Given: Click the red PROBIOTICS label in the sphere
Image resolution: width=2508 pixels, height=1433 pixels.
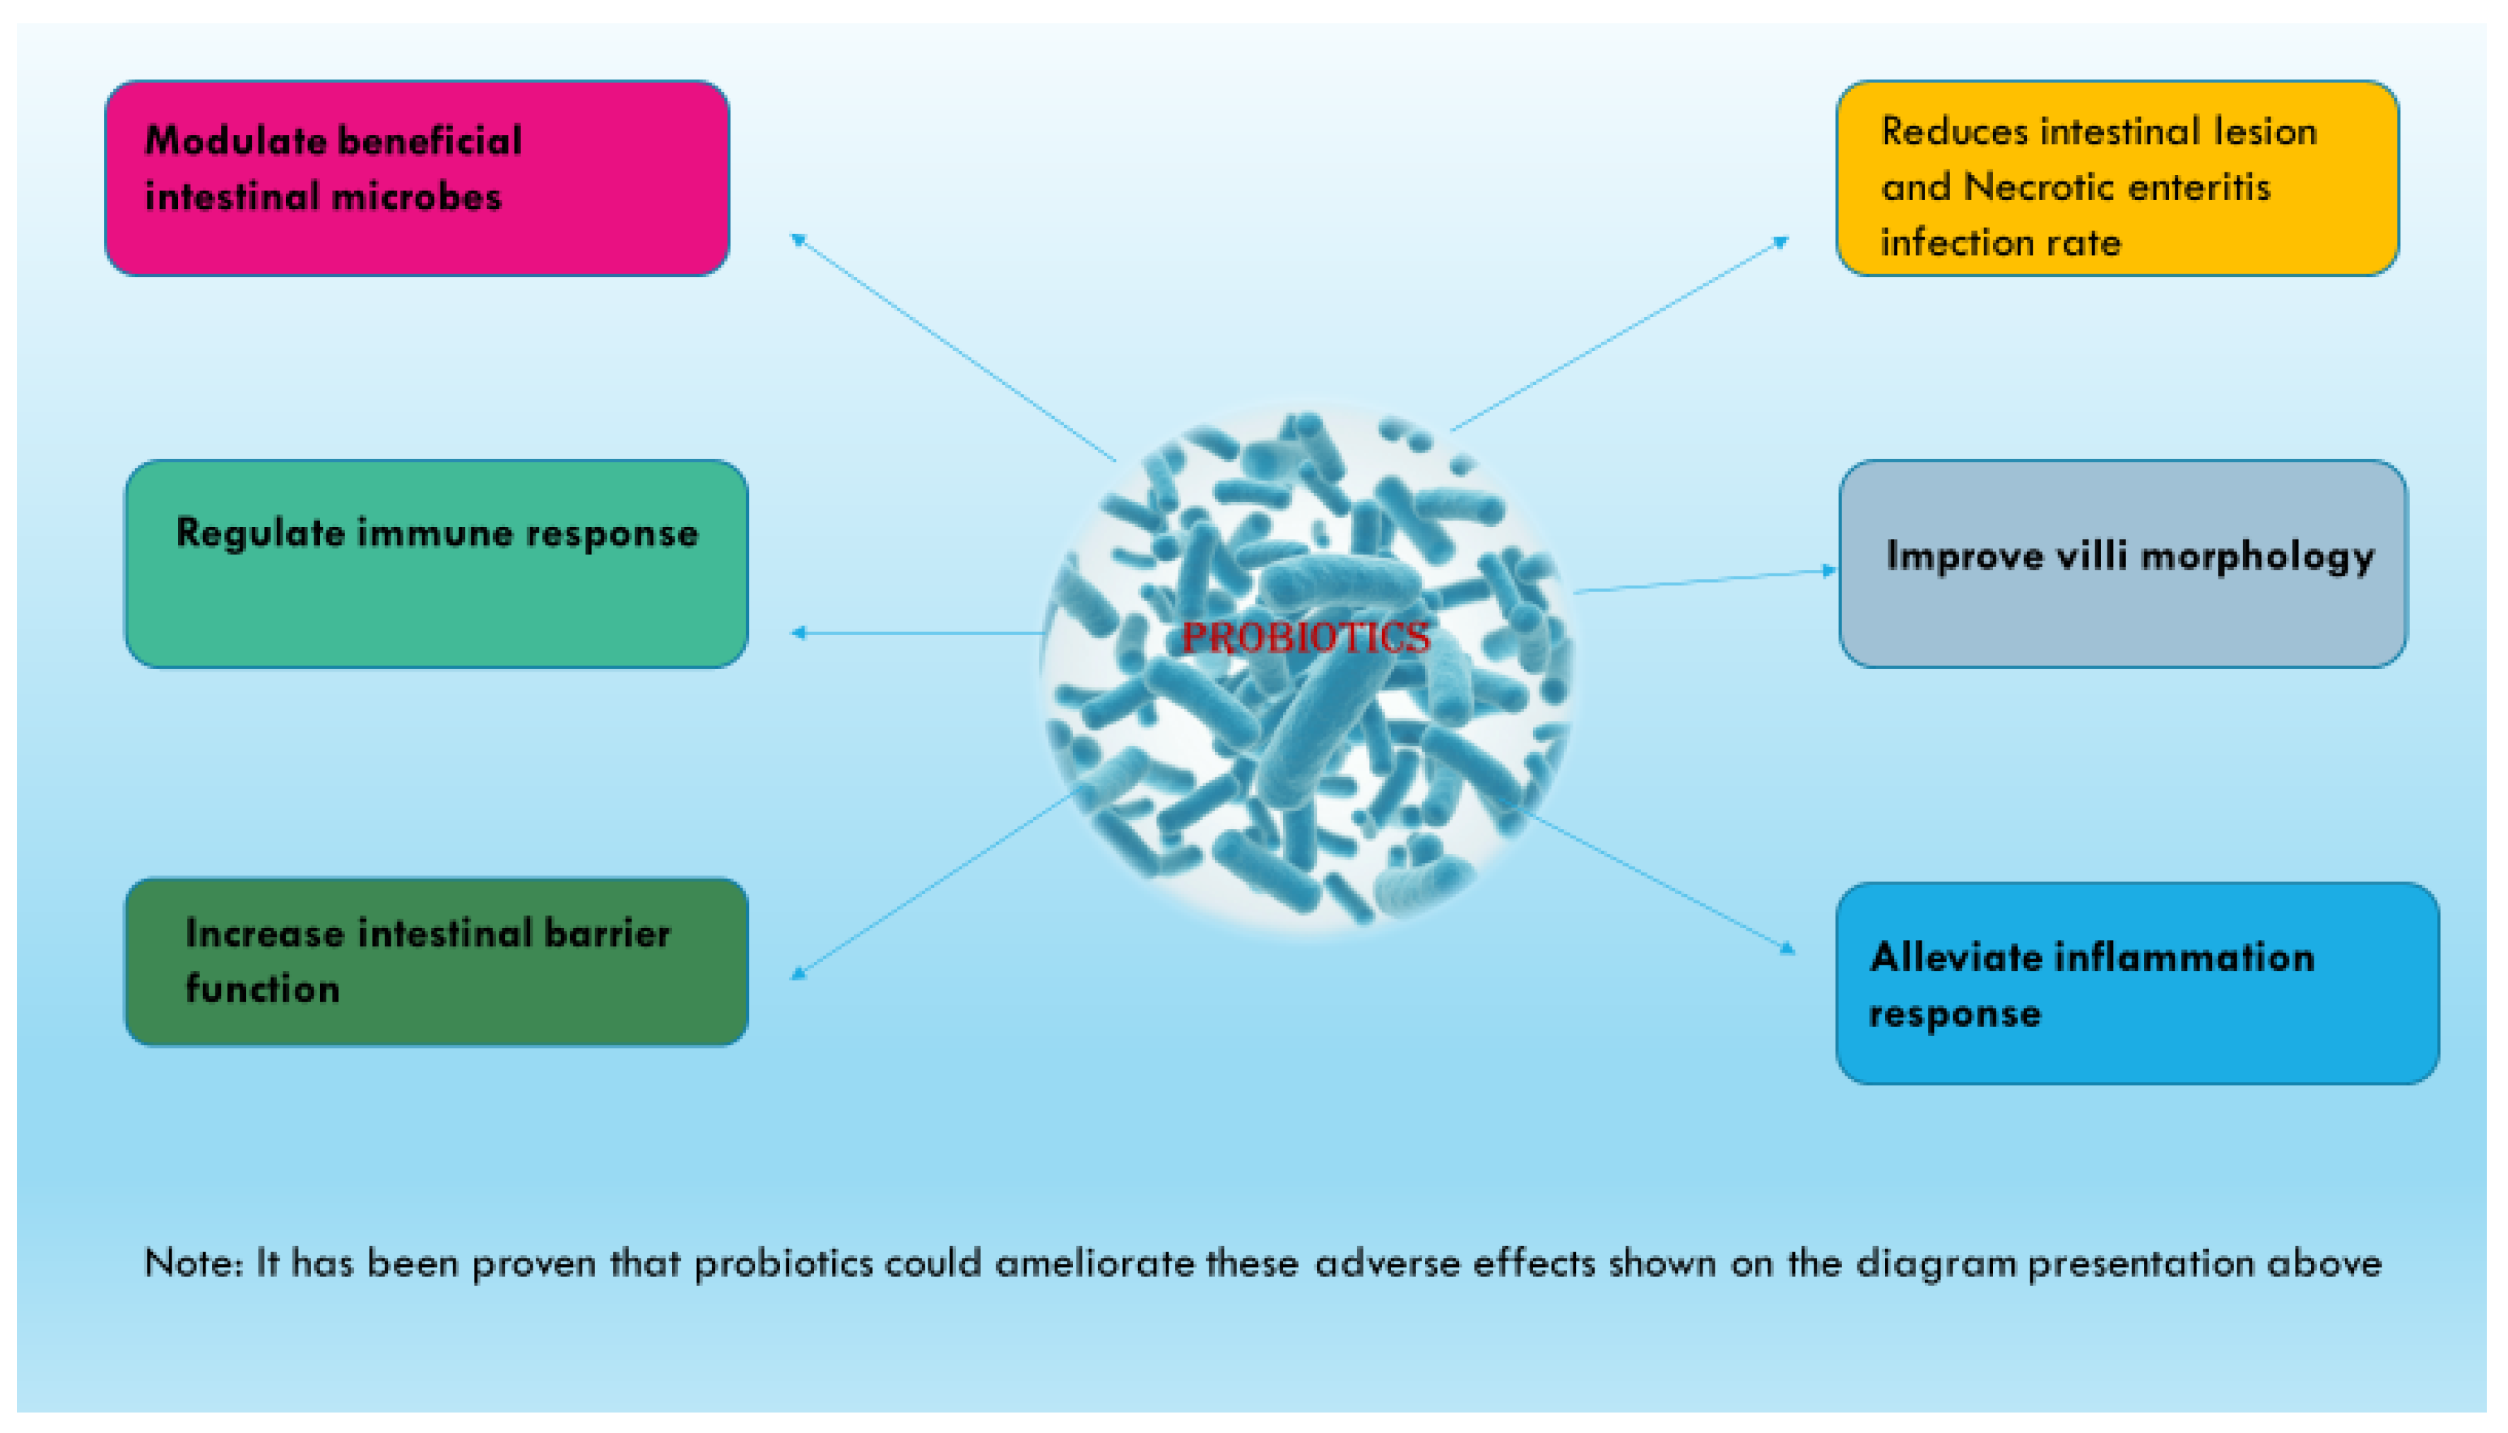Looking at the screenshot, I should pyautogui.click(x=1305, y=638).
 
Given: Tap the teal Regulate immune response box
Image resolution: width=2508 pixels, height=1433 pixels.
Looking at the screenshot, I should pyautogui.click(x=436, y=564).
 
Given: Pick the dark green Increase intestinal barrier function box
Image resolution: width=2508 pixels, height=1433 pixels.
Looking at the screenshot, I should pyautogui.click(x=436, y=961).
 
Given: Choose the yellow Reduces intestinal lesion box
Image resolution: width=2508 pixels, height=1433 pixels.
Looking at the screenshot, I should pyautogui.click(x=2116, y=178).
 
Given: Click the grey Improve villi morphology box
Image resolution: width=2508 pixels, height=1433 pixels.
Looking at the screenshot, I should pyautogui.click(x=2122, y=564).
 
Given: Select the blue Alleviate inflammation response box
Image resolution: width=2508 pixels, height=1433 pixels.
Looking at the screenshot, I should pyautogui.click(x=2136, y=983).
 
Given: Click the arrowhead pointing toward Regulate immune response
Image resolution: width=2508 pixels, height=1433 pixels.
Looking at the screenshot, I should pyautogui.click(x=798, y=633).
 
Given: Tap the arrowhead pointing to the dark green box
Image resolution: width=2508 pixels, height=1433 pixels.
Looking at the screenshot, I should pyautogui.click(x=798, y=975).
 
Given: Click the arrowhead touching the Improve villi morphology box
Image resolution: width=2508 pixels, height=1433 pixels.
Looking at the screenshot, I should pyautogui.click(x=1829, y=570).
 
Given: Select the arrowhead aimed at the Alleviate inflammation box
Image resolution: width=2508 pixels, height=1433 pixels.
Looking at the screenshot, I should pyautogui.click(x=1787, y=949).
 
